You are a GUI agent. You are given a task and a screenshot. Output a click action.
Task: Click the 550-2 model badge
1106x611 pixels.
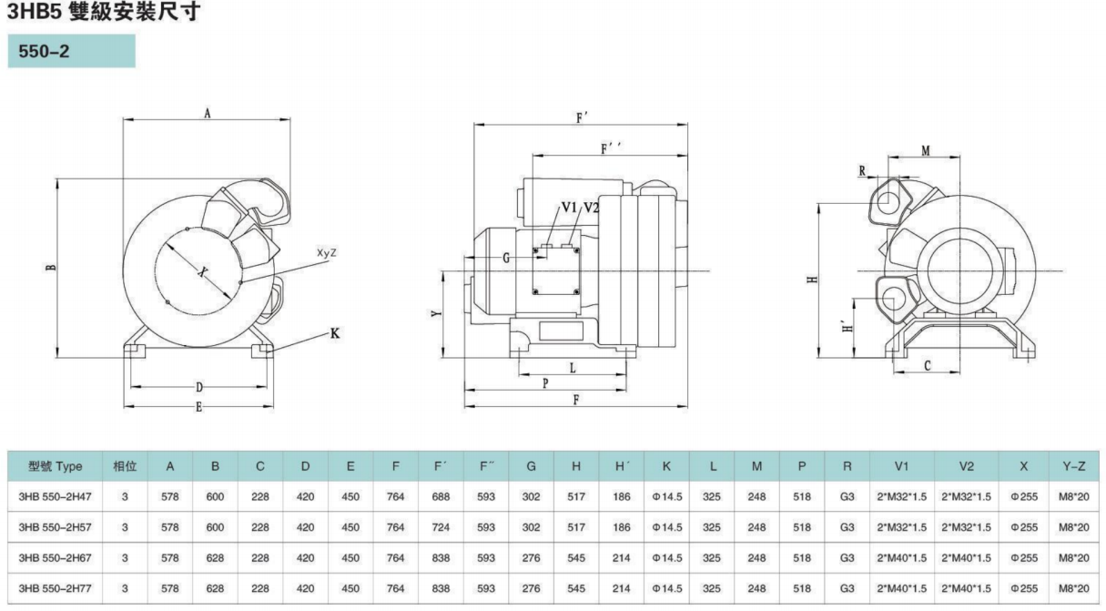coord(71,52)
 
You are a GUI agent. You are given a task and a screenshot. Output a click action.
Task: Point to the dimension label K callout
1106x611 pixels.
coord(334,334)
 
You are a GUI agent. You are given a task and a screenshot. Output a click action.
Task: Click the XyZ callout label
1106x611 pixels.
coord(327,252)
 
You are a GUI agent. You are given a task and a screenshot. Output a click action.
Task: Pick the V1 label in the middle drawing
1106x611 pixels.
coord(570,208)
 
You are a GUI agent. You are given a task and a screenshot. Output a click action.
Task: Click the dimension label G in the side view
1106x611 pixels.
coord(506,258)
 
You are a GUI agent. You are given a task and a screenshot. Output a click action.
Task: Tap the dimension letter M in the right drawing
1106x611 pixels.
coord(925,150)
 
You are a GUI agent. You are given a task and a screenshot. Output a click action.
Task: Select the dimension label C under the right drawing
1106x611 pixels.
coord(927,365)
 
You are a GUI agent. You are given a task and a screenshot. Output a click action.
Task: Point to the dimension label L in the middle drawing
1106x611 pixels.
coord(573,368)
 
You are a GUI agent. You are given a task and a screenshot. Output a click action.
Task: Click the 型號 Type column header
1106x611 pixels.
coord(55,466)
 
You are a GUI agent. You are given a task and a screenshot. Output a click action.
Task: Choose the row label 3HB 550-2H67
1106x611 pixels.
coord(55,558)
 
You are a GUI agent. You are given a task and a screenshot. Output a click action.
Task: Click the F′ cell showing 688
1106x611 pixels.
coord(441,497)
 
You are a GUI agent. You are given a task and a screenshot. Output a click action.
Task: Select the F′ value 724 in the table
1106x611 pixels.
coord(441,527)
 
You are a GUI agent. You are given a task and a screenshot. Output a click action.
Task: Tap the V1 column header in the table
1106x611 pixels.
coord(902,466)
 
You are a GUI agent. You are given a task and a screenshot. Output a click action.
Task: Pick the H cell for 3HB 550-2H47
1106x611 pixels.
coord(576,497)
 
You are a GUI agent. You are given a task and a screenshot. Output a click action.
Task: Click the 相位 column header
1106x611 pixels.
coord(125,466)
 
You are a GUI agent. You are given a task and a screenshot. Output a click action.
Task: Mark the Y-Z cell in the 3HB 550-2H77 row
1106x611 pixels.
coord(1074,588)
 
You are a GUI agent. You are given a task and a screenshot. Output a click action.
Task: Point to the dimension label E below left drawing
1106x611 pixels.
coord(199,407)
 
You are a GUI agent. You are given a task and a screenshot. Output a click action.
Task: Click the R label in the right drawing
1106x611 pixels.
coord(861,169)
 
